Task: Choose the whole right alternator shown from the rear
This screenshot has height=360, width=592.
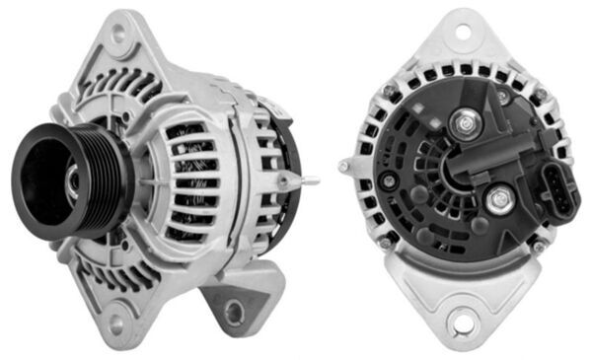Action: [x=459, y=178]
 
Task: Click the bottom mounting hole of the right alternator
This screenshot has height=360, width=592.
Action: [x=460, y=320]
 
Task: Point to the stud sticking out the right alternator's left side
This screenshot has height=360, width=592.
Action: [x=345, y=167]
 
